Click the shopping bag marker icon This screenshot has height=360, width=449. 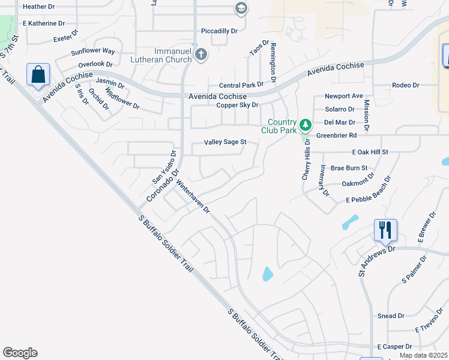pos(38,76)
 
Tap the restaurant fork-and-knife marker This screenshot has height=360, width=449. pos(385,229)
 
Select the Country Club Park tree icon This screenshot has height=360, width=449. pos(306,125)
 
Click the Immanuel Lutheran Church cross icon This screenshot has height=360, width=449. pos(201,55)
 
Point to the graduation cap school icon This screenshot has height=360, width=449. pos(241,8)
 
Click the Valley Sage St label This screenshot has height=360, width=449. pos(225,142)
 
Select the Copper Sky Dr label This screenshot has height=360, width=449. pos(237,105)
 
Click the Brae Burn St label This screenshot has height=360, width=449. pos(349,168)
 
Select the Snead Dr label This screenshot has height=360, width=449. pos(391,316)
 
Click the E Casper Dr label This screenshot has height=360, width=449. pos(394,347)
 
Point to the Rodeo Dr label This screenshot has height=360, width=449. pos(405,85)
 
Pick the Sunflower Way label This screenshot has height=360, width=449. pos(92,52)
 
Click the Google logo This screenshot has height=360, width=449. pos(20,353)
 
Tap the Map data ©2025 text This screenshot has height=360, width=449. pos(423,355)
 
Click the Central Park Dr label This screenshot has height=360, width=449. pos(241,85)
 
